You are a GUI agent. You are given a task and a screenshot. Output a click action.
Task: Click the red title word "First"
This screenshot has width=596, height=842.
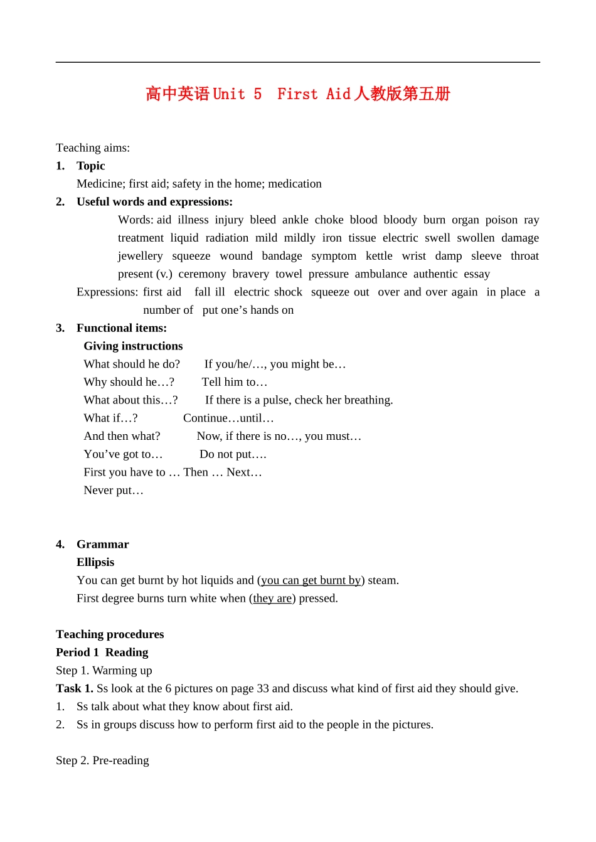coord(297,94)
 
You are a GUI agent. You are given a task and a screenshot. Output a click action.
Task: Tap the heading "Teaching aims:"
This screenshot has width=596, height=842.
coord(93,148)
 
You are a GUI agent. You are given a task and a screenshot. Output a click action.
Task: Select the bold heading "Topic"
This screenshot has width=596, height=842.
coord(91,166)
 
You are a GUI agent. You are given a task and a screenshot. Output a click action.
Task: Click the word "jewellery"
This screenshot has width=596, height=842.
coord(140,256)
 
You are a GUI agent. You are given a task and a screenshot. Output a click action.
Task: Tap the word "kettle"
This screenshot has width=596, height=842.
coord(379,256)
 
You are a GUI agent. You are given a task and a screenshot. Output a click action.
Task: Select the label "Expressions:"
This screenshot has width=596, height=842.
coord(107,292)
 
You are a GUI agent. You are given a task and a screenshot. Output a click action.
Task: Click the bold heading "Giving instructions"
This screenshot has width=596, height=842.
coord(133,346)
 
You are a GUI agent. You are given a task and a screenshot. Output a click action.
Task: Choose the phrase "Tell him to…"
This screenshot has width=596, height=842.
coord(235,382)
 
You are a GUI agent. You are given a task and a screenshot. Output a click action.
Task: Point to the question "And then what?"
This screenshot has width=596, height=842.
coord(122,436)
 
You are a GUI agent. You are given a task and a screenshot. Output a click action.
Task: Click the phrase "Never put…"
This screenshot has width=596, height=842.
coord(114,491)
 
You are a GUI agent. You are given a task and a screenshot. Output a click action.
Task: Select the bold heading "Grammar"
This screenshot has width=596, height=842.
coord(103,545)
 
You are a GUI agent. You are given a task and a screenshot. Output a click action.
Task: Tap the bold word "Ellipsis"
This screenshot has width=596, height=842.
coord(95,562)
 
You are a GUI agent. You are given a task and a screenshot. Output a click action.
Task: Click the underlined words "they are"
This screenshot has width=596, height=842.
coord(272,599)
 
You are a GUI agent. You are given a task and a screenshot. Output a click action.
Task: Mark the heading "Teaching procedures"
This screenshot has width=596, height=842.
coord(110,634)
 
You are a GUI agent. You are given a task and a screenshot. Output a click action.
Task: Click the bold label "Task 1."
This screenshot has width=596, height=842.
coord(75,689)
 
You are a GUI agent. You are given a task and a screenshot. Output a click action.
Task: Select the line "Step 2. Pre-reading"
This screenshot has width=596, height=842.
coord(102,761)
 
